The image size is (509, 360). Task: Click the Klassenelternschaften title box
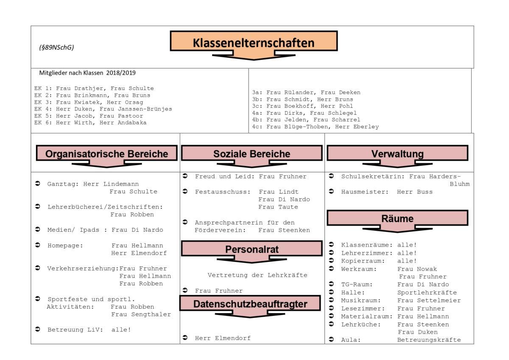(254, 41)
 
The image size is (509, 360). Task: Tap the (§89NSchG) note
(56, 47)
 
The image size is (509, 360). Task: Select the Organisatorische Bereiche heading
(106, 153)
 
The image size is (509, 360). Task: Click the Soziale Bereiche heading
(252, 153)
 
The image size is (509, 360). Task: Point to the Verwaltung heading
(397, 153)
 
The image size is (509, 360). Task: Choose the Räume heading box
(397, 218)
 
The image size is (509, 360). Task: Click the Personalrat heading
(252, 249)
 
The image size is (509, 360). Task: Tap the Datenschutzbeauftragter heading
(250, 304)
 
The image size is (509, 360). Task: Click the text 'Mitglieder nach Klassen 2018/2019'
(87, 73)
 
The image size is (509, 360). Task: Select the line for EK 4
(103, 109)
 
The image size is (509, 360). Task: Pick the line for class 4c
(316, 127)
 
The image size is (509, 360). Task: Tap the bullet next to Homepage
(38, 245)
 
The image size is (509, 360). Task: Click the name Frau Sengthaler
(141, 314)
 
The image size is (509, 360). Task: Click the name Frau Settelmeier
(429, 301)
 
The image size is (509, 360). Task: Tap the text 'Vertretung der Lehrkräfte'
(257, 275)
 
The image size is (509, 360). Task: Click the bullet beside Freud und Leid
(185, 176)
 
